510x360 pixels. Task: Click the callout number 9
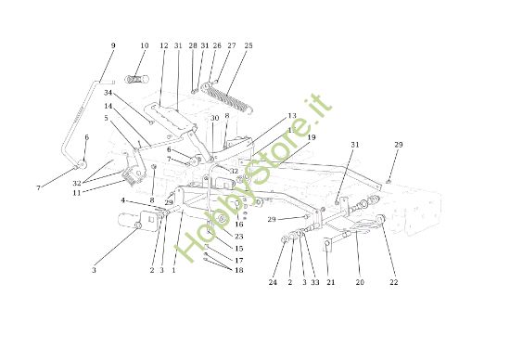tap(113, 45)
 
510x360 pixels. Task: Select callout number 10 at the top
tap(144, 45)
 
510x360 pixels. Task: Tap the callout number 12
tap(163, 45)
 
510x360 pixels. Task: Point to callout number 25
tap(248, 45)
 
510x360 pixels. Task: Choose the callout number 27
tap(231, 45)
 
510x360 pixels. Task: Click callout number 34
tap(108, 93)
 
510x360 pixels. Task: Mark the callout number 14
tap(108, 106)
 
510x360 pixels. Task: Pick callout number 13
tap(291, 116)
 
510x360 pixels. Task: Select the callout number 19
tap(312, 137)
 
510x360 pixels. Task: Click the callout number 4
tap(121, 199)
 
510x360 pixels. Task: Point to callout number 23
tap(239, 237)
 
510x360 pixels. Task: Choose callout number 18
tap(239, 270)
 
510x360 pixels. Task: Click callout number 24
tap(274, 282)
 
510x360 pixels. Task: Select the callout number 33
tap(315, 282)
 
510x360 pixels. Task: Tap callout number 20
tap(360, 282)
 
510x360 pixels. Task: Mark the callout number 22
tap(393, 282)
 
